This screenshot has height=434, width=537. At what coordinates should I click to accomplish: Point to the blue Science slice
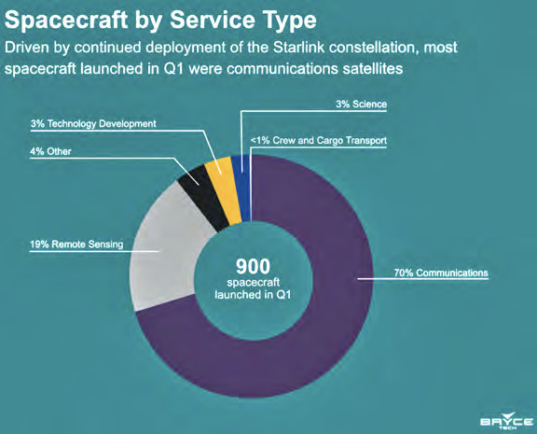coord(241,189)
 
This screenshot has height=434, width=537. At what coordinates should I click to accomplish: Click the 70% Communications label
coord(441,273)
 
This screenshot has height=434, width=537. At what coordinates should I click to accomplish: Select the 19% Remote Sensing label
coord(76,245)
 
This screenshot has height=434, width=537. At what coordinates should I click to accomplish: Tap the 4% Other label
coord(50,151)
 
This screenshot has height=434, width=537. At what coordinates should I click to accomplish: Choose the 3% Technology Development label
coord(93,123)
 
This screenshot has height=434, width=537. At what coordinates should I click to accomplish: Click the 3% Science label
coord(362,105)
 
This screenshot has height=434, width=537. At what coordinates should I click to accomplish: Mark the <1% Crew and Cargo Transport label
coord(319,141)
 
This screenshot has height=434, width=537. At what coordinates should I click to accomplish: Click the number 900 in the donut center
coord(253,266)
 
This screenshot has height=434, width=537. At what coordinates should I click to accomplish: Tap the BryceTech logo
coord(506,421)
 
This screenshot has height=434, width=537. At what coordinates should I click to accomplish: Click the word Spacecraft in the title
coord(66,20)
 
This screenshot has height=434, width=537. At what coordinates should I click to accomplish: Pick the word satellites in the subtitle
coord(373,68)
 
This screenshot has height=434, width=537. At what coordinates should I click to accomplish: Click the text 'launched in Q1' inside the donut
coord(253,295)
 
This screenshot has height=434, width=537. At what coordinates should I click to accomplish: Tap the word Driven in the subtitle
coord(27,48)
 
